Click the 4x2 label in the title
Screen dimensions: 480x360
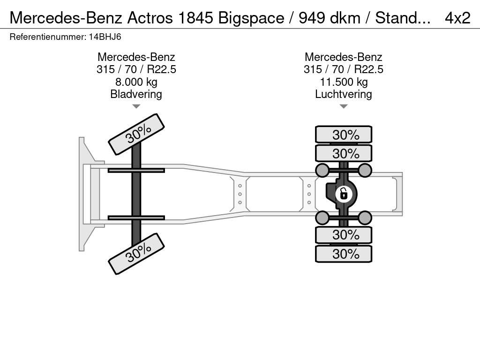457,18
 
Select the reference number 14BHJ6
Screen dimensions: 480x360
105,37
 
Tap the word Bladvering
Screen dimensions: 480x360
136,94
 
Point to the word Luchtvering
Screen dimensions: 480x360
344,94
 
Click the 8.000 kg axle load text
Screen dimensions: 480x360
136,82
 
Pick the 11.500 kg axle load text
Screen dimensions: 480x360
344,82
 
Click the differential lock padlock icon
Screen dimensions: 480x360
344,194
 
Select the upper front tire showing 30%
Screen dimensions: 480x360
136,134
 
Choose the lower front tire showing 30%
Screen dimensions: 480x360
136,254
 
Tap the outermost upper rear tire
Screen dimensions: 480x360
344,134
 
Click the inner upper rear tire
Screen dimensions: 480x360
344,153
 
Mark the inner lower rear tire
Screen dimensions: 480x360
344,235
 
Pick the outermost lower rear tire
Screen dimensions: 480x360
344,254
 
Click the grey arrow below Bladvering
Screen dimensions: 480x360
136,106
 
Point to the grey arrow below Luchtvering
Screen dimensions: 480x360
344,106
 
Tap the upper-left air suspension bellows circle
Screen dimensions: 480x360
322,170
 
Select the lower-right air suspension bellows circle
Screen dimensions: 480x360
365,217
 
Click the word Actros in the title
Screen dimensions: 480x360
150,18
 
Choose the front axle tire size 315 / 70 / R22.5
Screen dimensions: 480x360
136,69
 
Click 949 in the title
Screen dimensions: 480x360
312,18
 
